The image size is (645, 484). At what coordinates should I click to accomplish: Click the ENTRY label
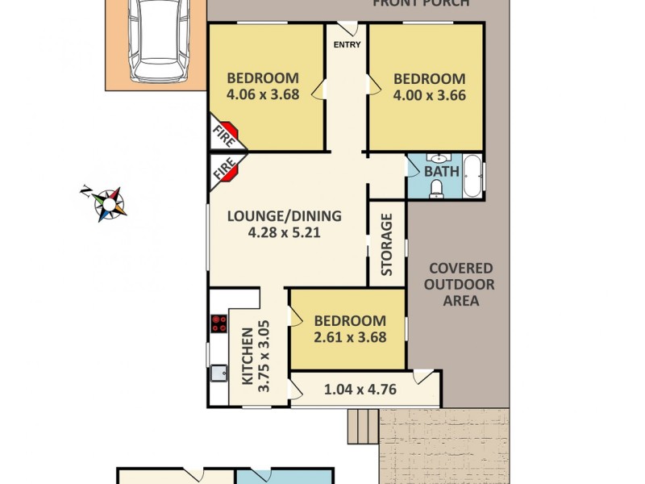347,44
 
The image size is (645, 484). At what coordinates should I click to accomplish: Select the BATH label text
441,171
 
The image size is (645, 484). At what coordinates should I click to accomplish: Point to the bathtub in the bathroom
472,175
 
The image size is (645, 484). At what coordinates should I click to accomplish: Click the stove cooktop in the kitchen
218,324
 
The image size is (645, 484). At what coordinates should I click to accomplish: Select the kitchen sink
218,374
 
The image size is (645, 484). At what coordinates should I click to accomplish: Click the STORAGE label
387,244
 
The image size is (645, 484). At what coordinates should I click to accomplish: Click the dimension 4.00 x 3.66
429,94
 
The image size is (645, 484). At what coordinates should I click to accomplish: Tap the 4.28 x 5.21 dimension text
284,232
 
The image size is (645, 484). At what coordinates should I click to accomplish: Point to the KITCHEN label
247,355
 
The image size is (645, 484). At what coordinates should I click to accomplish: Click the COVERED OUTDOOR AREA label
460,285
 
